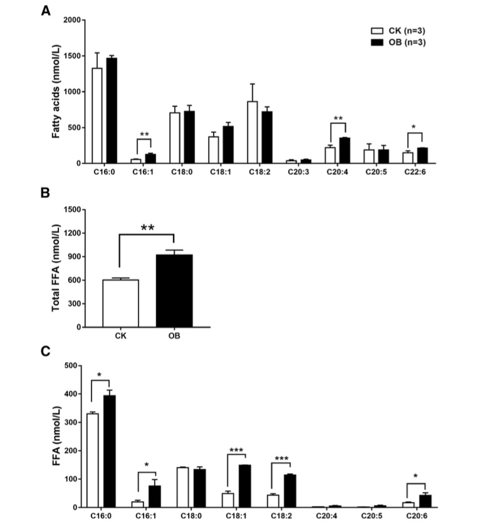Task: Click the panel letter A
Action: click(46, 10)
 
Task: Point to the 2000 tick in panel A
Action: click(73, 20)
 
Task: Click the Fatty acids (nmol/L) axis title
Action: click(56, 91)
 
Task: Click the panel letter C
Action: click(46, 351)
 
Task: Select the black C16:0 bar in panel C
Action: click(110, 452)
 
